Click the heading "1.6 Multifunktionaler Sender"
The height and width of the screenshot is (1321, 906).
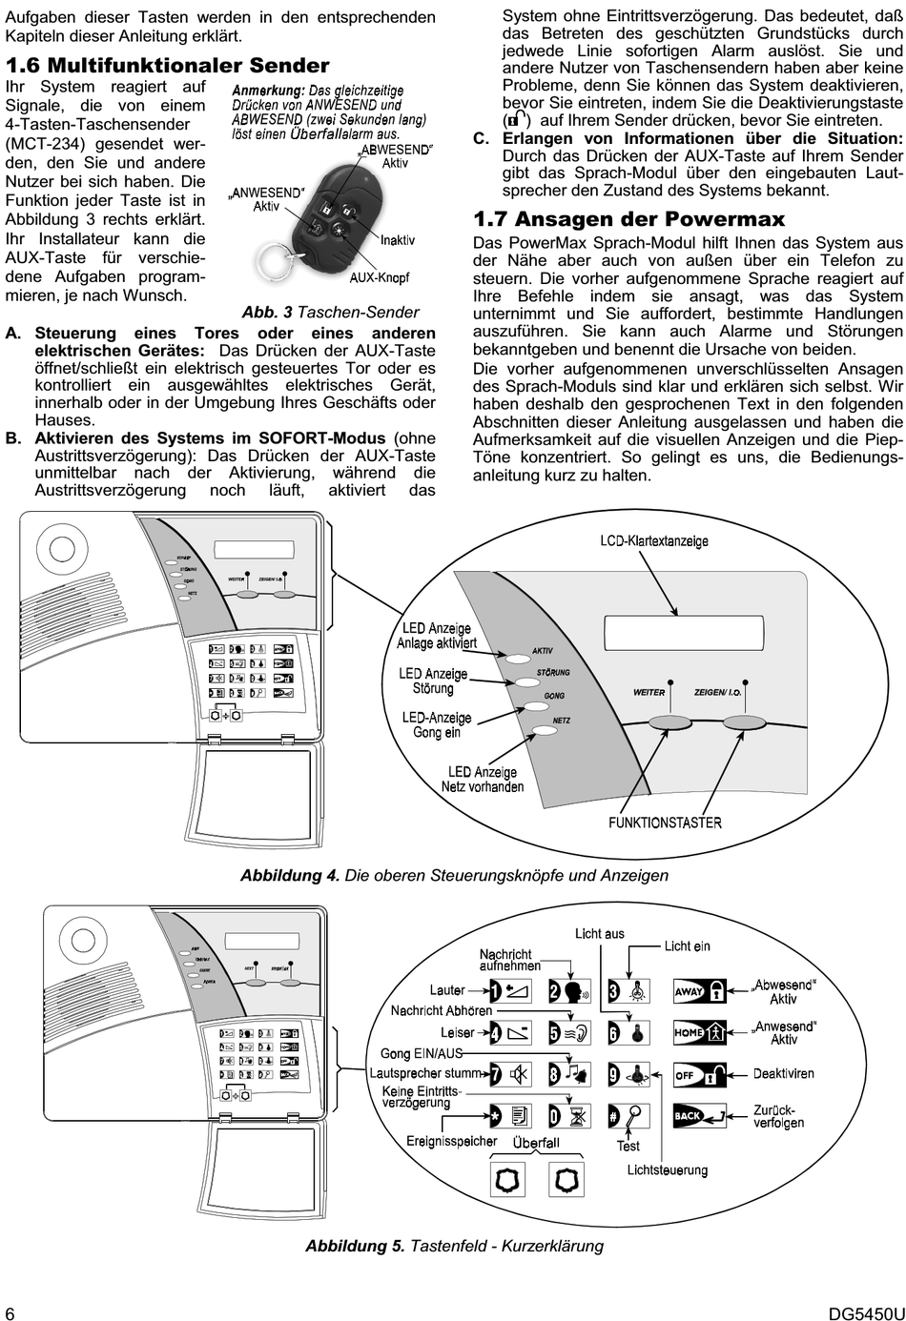point(168,66)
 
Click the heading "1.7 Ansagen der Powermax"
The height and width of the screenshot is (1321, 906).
point(629,219)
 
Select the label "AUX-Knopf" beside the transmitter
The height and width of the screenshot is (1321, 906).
point(380,278)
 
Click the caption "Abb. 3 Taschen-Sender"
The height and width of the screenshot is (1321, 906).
point(330,313)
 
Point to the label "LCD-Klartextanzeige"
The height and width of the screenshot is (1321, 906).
point(654,540)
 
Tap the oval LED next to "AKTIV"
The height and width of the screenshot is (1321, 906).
point(519,658)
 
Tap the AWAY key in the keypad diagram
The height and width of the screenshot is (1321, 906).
point(700,991)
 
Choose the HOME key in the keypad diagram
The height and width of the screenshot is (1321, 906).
point(700,1032)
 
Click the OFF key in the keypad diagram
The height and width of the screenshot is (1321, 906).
point(700,1074)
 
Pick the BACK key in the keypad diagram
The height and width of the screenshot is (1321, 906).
point(700,1115)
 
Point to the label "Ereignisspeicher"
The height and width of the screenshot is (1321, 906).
point(452,1141)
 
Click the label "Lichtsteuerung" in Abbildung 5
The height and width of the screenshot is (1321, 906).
point(668,1169)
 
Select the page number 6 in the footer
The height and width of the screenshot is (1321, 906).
point(10,1311)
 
